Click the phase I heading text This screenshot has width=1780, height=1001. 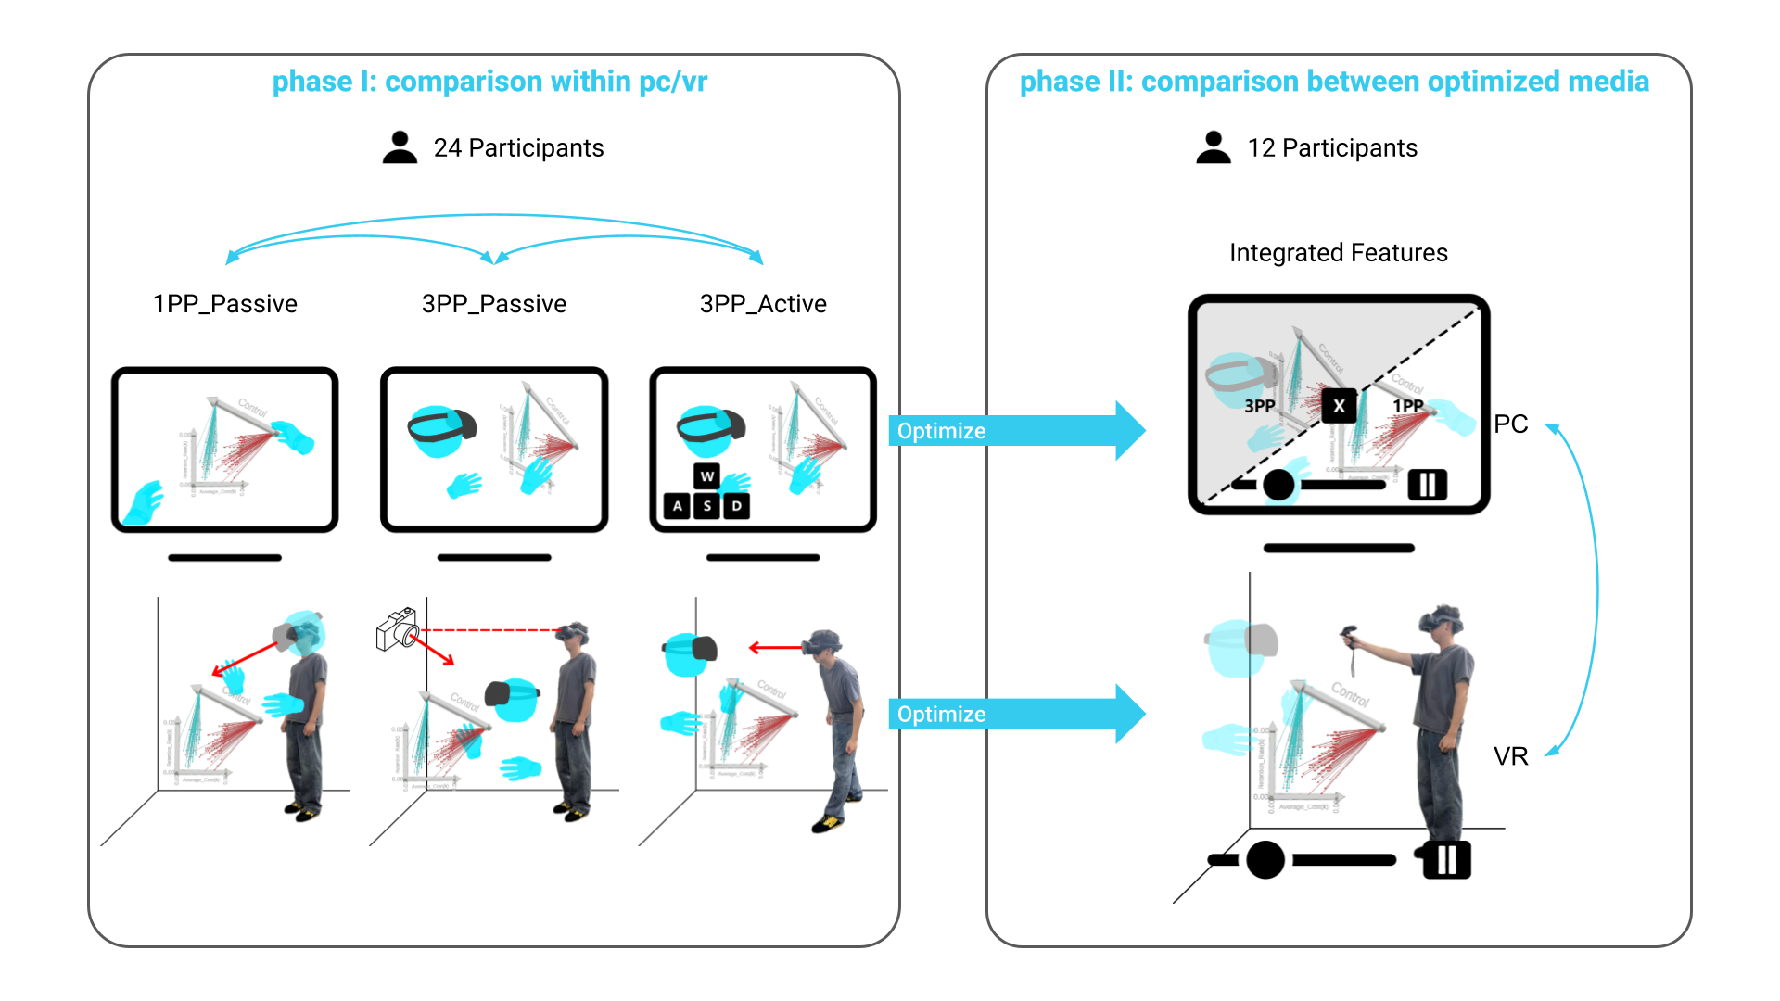click(489, 82)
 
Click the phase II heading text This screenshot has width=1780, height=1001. click(1334, 82)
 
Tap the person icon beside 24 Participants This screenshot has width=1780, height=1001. click(400, 147)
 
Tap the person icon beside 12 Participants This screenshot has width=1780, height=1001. click(1214, 147)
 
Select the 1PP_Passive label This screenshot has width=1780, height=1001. click(224, 304)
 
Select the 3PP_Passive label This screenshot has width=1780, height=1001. click(493, 304)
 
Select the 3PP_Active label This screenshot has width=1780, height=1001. click(763, 304)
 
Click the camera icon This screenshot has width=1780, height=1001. click(397, 629)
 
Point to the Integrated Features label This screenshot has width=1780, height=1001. click(1338, 253)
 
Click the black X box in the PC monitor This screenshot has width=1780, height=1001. click(1339, 406)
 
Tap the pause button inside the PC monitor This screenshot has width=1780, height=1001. click(1428, 484)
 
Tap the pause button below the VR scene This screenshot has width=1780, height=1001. click(1447, 859)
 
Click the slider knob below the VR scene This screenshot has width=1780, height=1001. click(1265, 860)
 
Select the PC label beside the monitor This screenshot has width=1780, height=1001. click(1510, 424)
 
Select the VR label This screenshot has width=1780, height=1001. click(1510, 757)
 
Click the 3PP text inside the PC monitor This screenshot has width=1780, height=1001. click(1259, 406)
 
